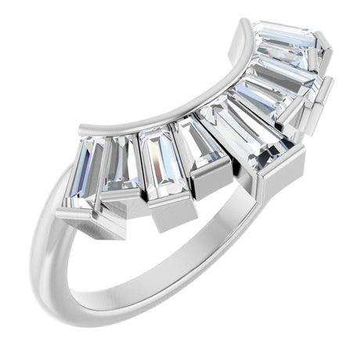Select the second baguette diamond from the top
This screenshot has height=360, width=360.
click(x=286, y=70)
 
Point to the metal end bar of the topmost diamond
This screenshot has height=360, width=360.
click(x=322, y=55)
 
